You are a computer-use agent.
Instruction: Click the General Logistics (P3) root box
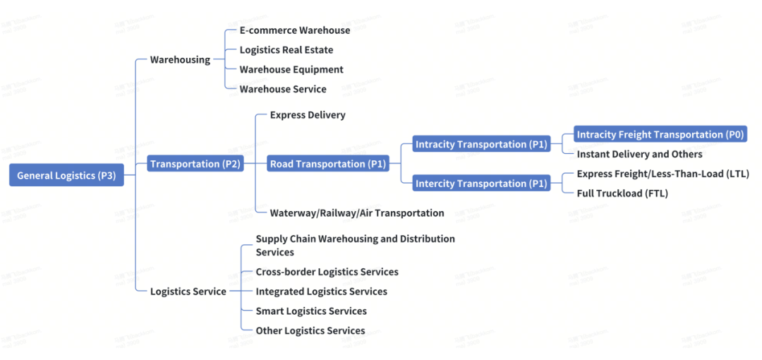tap(66, 176)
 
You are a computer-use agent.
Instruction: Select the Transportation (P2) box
tap(195, 164)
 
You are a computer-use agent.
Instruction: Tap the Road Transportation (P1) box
tap(328, 164)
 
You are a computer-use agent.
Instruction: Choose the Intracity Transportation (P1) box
tap(481, 144)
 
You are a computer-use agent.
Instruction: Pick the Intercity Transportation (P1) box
tap(481, 184)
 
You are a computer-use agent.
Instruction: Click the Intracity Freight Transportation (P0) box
tap(660, 134)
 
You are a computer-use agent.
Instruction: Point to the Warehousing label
tap(180, 60)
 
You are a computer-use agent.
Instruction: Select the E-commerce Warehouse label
tap(294, 30)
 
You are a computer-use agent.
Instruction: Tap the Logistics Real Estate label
tap(286, 50)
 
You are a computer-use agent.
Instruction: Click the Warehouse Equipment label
tap(291, 69)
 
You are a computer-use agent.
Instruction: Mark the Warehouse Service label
tap(282, 89)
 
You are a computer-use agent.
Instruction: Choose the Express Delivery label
tap(308, 114)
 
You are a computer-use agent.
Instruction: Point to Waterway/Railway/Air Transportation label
tap(357, 212)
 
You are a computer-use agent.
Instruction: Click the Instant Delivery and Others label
tap(639, 154)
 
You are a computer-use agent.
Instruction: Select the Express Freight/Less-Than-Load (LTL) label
tap(663, 174)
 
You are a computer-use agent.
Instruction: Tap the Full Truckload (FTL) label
tap(622, 193)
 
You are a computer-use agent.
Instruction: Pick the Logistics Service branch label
tap(188, 292)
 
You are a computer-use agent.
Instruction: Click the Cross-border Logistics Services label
tap(327, 272)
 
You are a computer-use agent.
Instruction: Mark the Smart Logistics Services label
tap(311, 311)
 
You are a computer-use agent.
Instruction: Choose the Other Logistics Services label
tap(310, 330)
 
